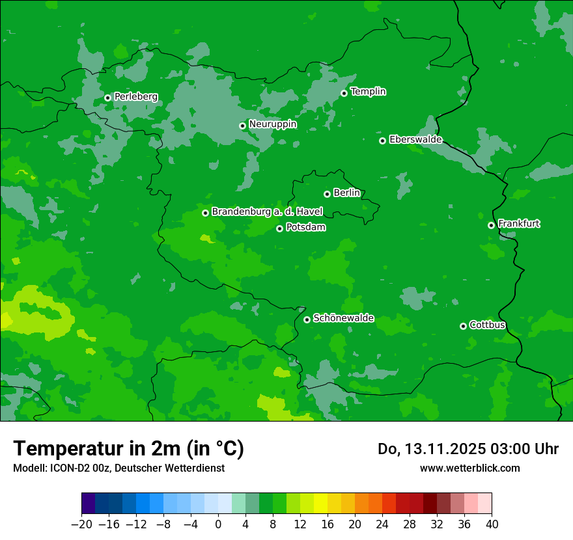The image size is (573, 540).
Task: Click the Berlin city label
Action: (346, 193)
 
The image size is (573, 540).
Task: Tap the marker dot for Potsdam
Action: (279, 228)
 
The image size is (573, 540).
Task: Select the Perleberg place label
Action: (135, 96)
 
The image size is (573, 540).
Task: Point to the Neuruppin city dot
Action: (242, 126)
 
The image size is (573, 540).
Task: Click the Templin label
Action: (368, 92)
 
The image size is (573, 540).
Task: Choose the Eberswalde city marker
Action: (382, 141)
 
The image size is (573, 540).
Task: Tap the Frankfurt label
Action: (518, 224)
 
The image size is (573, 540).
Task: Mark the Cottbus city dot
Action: (463, 326)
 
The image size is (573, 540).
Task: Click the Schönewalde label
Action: (343, 318)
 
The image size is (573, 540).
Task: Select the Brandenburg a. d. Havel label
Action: (266, 211)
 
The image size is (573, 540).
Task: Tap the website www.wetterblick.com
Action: (469, 468)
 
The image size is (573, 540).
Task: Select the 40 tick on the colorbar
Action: (492, 524)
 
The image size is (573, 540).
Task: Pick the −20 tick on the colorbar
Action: (81, 524)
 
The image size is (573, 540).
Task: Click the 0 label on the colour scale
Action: (218, 524)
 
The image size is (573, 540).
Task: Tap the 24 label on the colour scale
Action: (382, 524)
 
